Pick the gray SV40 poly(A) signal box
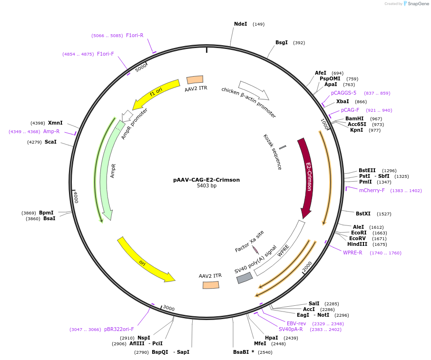click(x=245, y=278)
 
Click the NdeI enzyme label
click(x=241, y=24)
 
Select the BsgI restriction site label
click(x=282, y=42)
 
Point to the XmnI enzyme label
click(x=55, y=123)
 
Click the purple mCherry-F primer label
click(x=372, y=190)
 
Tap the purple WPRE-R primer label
click(x=353, y=253)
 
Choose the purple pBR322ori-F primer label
click(x=119, y=329)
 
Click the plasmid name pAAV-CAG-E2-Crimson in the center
click(x=206, y=180)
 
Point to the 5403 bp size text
click(x=206, y=186)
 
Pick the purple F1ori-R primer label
click(x=135, y=35)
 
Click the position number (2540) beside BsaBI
click(x=265, y=352)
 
